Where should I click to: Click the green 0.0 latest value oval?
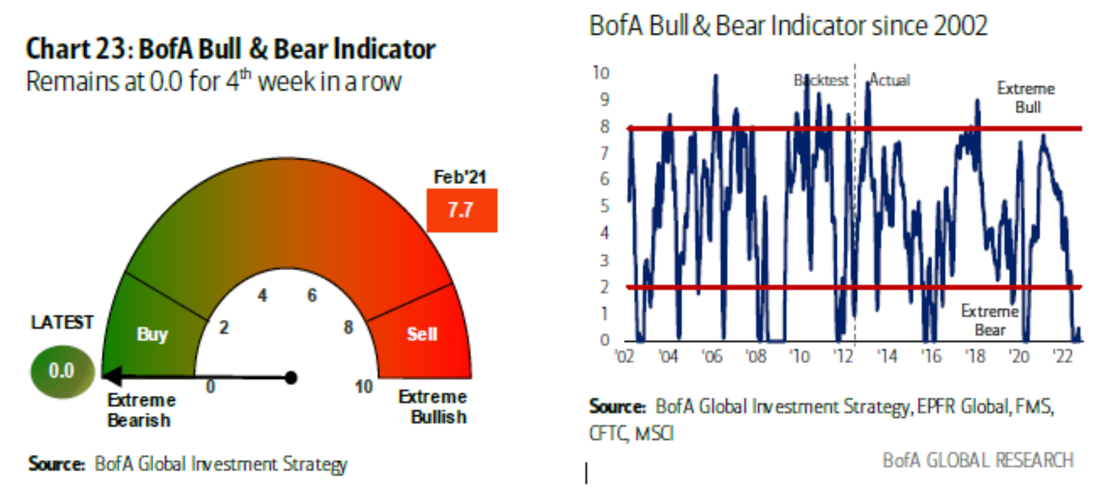pos(62,371)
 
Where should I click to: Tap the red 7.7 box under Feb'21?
pos(462,210)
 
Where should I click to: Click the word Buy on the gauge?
pos(152,333)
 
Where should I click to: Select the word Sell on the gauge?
pos(422,333)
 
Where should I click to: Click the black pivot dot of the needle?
pos(291,377)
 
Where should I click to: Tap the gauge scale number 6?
pos(312,296)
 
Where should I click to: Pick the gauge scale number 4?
pos(263,296)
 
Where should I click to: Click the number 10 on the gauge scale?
pos(364,387)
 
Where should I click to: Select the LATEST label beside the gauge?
pos(62,322)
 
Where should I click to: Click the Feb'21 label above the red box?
pos(459,177)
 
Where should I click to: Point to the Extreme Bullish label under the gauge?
pos(434,407)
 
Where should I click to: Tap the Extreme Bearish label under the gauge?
pos(141,410)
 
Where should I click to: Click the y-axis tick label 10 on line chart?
pos(601,73)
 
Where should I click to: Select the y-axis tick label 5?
pos(605,206)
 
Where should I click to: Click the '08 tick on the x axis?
pos(756,357)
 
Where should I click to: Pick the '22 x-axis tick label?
pos(1063,357)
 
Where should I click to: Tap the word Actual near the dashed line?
pos(890,80)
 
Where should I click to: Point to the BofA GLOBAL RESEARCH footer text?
pos(978,461)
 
